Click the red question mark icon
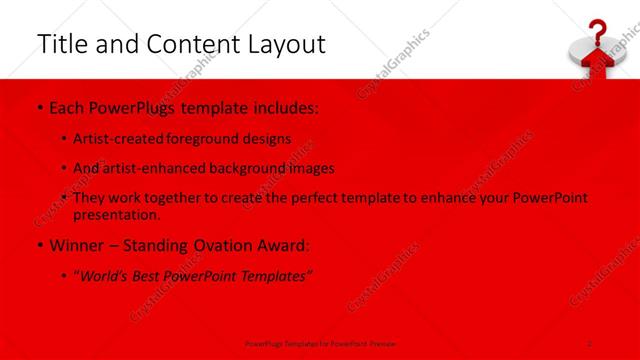click(597, 31)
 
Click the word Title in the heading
click(59, 44)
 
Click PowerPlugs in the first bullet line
click(133, 106)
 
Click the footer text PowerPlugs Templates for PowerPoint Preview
click(315, 343)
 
